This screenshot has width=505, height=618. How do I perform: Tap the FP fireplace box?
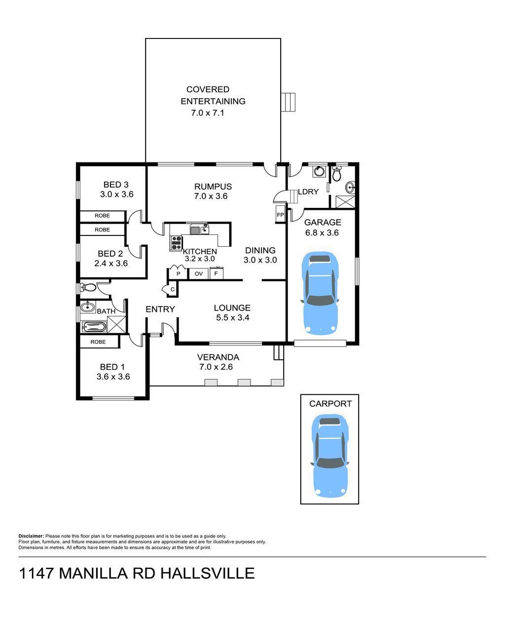280,215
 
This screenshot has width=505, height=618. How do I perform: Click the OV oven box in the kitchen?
198,273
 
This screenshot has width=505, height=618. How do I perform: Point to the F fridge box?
216,273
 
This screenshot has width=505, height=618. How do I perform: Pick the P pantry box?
178,273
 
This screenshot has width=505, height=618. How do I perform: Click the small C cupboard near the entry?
172,289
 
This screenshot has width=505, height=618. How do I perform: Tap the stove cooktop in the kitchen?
176,242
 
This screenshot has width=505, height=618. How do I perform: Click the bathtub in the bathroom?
93,326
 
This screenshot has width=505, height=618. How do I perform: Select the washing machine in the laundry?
319,172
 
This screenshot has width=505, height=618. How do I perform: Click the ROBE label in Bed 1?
98,342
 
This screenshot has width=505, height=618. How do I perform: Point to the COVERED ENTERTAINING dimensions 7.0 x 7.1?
208,113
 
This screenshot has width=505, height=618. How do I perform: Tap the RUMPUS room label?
213,187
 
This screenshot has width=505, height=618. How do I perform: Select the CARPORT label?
330,404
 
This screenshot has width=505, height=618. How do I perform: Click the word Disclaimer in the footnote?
31,536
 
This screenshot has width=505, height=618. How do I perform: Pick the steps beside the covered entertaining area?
288,102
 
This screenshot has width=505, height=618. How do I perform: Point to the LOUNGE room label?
232,308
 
